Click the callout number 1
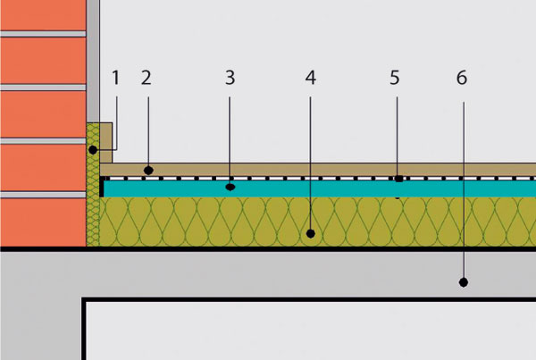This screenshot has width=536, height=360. point(115,78)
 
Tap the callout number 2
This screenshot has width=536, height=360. point(147,78)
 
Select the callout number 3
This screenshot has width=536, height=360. point(230,78)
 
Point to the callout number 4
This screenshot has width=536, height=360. point(310,78)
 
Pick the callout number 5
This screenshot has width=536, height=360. point(395,78)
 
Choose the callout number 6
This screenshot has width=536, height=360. point(461,78)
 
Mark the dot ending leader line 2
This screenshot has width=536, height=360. point(150,169)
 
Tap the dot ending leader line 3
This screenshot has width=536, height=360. point(230,188)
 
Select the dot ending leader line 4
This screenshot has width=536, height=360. point(310,234)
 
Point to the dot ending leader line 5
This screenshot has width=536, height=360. point(398,179)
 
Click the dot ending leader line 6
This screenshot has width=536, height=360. point(464,281)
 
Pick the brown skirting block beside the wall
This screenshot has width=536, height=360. point(105,137)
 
